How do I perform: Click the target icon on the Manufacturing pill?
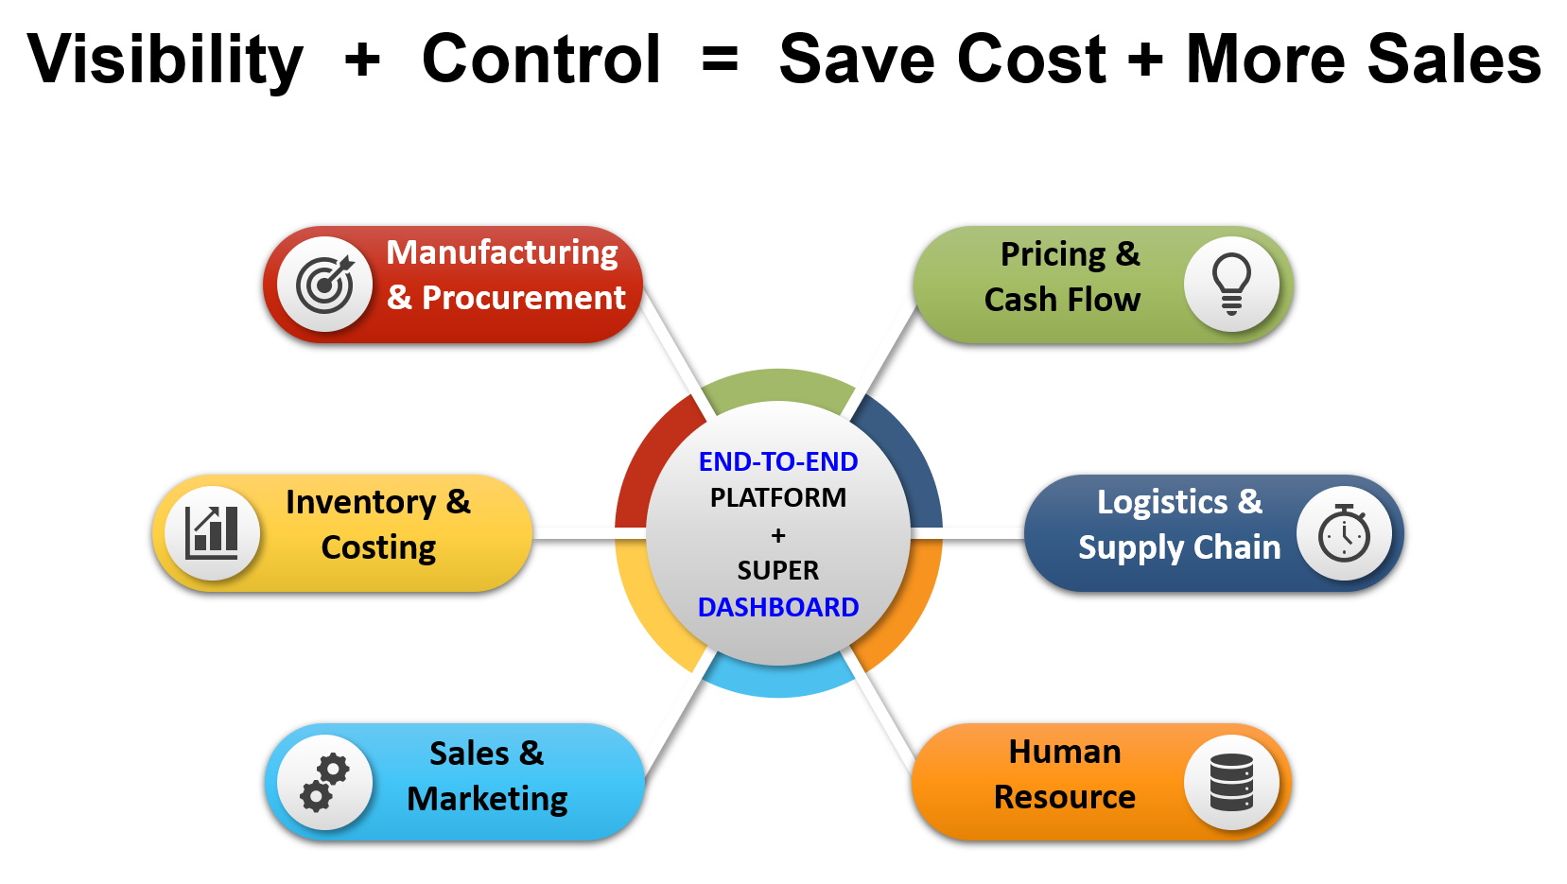pos(325,284)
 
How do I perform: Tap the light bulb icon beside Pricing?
pos(1231,284)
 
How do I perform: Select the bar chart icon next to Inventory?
pos(212,533)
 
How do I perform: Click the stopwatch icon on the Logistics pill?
pos(1344,533)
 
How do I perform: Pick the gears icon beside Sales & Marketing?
pos(324,783)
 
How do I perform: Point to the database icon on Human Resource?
pos(1232,782)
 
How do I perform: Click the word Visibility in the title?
pos(165,61)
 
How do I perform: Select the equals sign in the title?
pos(720,59)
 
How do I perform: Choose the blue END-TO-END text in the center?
pos(778,461)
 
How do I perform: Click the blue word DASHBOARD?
pos(778,607)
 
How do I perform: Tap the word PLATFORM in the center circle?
pos(778,498)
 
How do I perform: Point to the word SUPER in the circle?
pos(778,571)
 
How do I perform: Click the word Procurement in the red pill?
pos(523,298)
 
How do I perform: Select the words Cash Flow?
pos(1063,300)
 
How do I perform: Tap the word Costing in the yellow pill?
pos(378,547)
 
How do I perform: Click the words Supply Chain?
pos(1179,547)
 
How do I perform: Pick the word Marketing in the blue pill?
pos(487,799)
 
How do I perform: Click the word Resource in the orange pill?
pos(1065,797)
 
